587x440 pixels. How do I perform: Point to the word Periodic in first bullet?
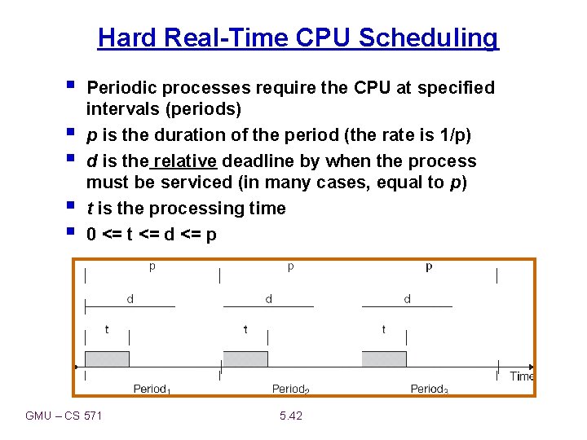click(117, 87)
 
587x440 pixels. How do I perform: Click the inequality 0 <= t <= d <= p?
click(152, 235)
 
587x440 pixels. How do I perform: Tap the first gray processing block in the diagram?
click(107, 359)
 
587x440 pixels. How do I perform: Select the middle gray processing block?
click(245, 359)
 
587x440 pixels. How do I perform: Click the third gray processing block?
click(383, 359)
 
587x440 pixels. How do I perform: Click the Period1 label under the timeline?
click(152, 389)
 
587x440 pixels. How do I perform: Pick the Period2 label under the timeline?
click(290, 389)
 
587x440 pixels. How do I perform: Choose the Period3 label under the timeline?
click(429, 389)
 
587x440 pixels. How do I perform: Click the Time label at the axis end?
click(521, 376)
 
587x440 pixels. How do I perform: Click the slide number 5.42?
click(290, 416)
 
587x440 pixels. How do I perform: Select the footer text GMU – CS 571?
click(64, 416)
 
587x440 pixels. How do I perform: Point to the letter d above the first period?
click(130, 299)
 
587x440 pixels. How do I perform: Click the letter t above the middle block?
click(245, 329)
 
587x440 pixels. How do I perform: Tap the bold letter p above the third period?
click(429, 266)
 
